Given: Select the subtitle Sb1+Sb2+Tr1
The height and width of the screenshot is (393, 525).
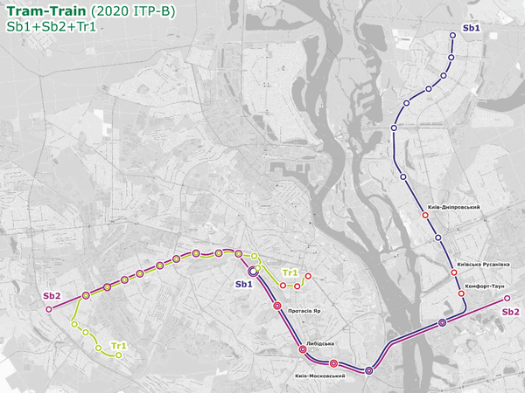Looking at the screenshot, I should click(x=50, y=27).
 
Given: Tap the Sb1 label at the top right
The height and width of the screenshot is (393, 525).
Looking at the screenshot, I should click(x=472, y=29).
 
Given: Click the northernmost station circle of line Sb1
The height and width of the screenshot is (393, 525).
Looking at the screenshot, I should click(x=453, y=36).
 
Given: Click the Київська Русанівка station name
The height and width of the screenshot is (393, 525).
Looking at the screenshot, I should click(x=483, y=265).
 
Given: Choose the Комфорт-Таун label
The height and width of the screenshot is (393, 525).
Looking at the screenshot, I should click(x=486, y=286).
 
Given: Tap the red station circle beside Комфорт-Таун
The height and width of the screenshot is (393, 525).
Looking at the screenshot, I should click(x=461, y=295).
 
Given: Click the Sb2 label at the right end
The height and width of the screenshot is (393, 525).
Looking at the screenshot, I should click(x=511, y=312).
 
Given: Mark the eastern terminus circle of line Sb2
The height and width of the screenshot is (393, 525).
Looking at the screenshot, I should click(x=507, y=299).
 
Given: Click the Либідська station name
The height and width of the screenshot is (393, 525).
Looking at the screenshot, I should click(x=321, y=343).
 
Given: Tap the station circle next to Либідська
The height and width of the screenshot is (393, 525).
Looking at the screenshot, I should click(x=303, y=349).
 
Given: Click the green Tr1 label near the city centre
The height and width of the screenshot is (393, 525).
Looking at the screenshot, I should click(x=291, y=272).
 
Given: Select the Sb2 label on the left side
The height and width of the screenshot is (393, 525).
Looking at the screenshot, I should click(x=52, y=296).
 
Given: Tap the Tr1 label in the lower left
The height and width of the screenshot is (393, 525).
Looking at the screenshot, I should click(x=119, y=346).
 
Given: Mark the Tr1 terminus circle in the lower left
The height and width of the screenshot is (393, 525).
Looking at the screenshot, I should click(x=118, y=355).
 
